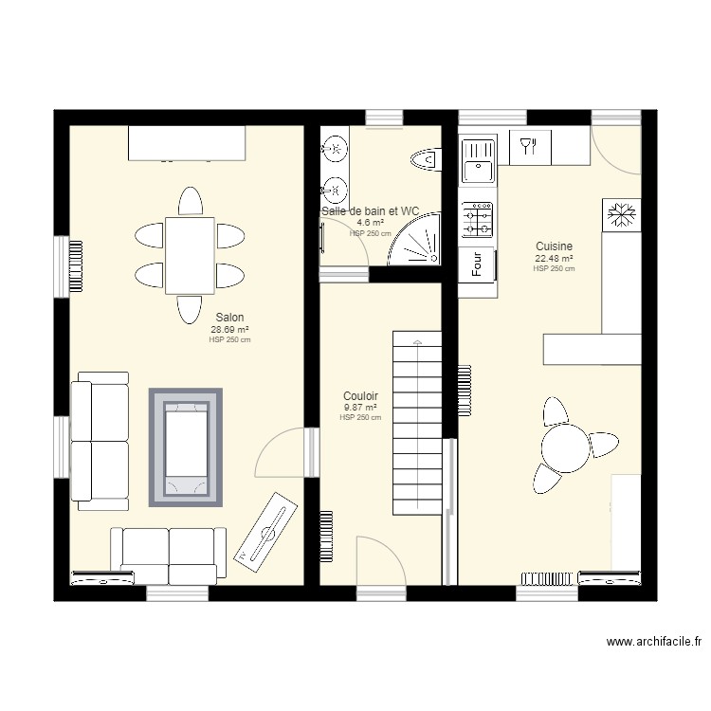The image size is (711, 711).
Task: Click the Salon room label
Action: (x=229, y=318)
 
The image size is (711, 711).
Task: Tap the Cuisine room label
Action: (x=554, y=246)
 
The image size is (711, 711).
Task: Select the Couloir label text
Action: (x=360, y=396)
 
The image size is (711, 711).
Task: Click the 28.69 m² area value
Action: (x=229, y=330)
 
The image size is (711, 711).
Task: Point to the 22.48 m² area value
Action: (x=554, y=259)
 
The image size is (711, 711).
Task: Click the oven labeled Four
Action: (x=477, y=264)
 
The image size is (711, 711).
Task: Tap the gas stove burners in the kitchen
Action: (x=477, y=220)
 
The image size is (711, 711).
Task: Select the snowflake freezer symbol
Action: (x=622, y=214)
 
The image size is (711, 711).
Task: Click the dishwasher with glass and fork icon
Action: (x=530, y=147)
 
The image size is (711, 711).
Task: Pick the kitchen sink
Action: (x=478, y=160)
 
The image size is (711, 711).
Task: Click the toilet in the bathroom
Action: (x=427, y=159)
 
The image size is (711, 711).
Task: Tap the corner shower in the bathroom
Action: (x=414, y=239)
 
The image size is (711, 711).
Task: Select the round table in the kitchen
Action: (x=565, y=448)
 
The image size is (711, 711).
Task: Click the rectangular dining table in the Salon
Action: (x=190, y=256)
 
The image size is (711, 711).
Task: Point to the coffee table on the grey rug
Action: (x=186, y=447)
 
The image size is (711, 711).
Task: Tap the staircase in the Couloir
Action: (x=417, y=423)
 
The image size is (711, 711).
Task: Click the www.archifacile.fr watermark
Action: (x=654, y=642)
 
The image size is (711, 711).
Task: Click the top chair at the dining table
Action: (x=190, y=201)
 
